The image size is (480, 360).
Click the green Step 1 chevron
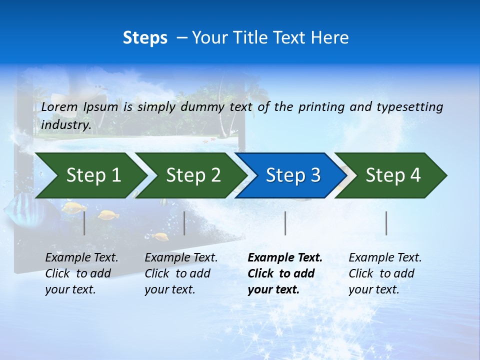(90, 175)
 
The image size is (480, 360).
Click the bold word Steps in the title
(145, 38)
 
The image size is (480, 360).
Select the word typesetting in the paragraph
(409, 106)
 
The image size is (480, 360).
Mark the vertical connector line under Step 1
(84, 223)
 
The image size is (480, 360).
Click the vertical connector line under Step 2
(184, 223)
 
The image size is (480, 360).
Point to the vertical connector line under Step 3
(285, 223)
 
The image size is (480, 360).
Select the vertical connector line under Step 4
(386, 223)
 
